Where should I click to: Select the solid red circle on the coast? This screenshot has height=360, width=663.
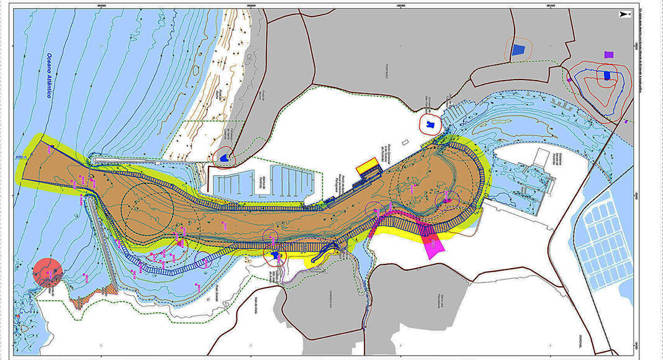tap(48, 272)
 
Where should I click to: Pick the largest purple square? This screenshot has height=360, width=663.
tap(608, 55)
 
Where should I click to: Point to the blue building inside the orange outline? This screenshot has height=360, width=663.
tap(518, 52)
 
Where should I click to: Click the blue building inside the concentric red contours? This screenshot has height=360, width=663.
tap(607, 76)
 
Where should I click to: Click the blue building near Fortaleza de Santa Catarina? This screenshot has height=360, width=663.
tap(223, 158)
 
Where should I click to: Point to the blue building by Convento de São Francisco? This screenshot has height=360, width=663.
tap(430, 124)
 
